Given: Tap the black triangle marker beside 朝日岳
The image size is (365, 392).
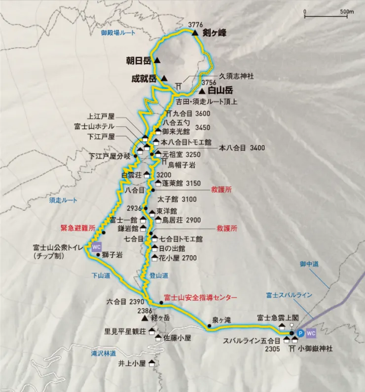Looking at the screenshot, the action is click(x=157, y=60).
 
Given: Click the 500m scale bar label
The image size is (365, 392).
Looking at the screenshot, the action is click(x=347, y=11).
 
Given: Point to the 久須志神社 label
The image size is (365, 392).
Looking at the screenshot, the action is click(x=236, y=76).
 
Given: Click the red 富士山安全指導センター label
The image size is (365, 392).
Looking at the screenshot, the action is click(x=201, y=298).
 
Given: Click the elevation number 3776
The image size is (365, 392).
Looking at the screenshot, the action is click(x=196, y=25).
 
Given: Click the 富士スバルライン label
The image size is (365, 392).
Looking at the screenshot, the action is click(x=289, y=295).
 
